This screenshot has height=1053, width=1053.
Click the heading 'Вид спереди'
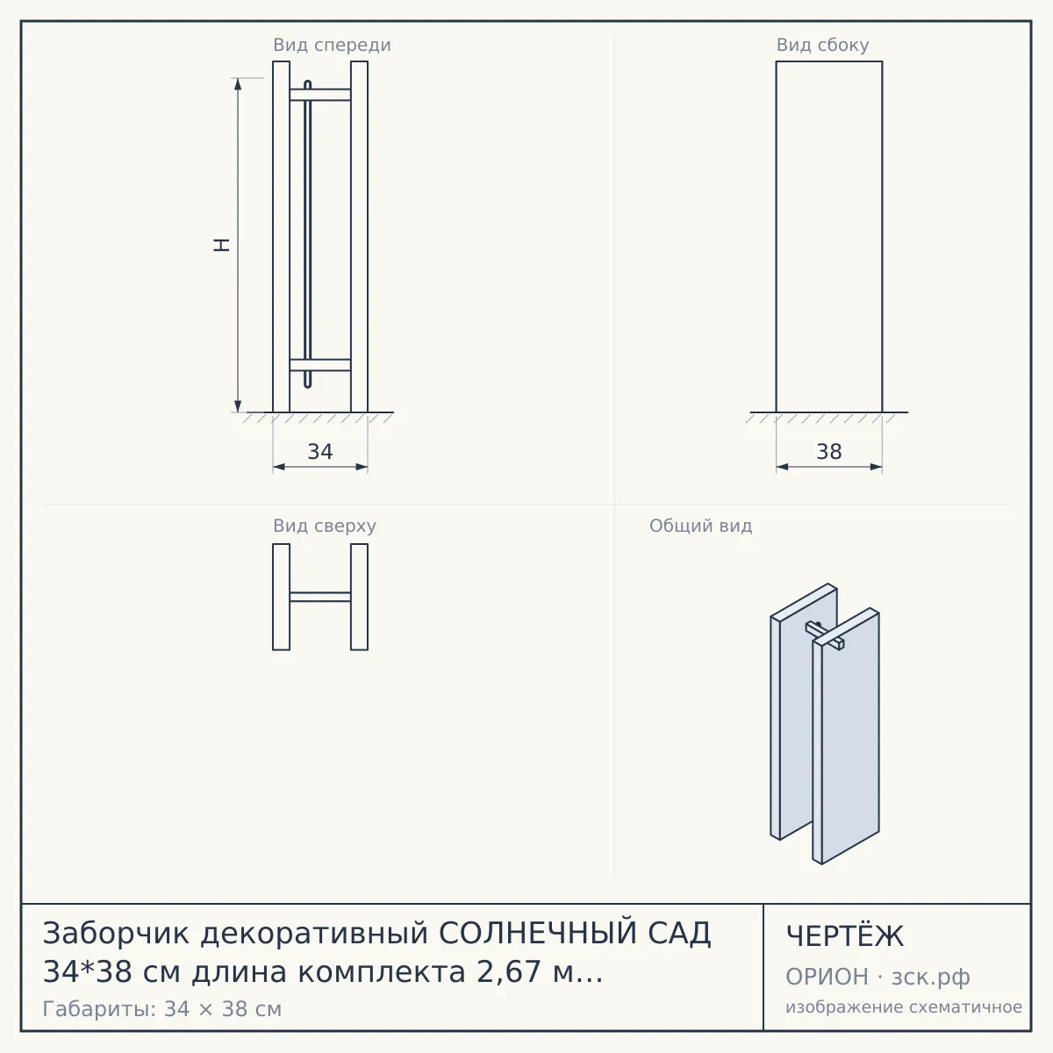(x=332, y=46)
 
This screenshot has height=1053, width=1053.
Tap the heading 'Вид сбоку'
(x=822, y=46)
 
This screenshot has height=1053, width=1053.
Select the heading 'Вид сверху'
(x=325, y=526)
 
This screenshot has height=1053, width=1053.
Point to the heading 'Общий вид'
(x=700, y=526)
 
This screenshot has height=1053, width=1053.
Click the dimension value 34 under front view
(x=319, y=452)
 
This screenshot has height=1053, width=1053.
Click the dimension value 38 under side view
(x=829, y=452)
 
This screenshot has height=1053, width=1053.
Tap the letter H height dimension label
(x=221, y=245)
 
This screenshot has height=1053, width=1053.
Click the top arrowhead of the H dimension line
(x=238, y=83)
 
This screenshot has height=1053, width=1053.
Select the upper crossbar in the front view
(x=319, y=95)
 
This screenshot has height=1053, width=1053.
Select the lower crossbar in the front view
(x=319, y=365)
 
